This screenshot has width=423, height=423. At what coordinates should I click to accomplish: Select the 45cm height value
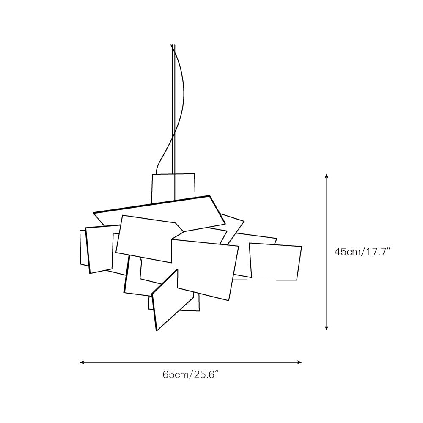(x=347, y=252)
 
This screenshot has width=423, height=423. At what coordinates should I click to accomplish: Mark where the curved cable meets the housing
(x=156, y=173)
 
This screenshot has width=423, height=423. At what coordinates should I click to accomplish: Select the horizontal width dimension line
(x=190, y=363)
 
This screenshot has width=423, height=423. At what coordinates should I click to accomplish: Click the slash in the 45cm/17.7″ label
(x=361, y=252)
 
